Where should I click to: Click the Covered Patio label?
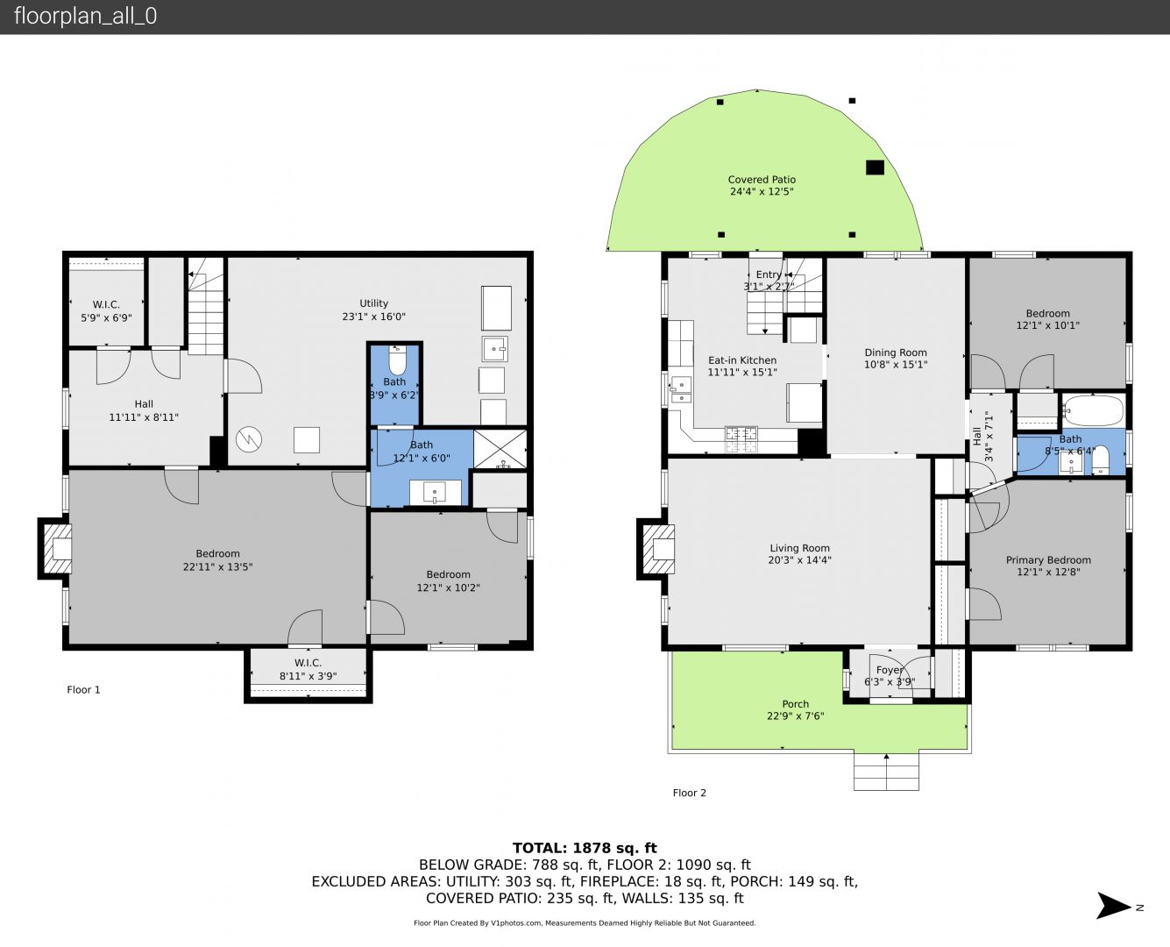tap(762, 180)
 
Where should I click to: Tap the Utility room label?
tap(373, 303)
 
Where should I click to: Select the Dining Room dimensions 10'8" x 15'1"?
tap(896, 365)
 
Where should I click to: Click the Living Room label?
tap(799, 548)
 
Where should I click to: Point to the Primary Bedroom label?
tap(1048, 560)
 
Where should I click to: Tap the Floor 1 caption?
tap(83, 690)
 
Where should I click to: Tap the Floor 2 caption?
tap(690, 793)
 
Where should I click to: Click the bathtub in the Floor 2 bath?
tap(1093, 410)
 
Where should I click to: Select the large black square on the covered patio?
tap(875, 167)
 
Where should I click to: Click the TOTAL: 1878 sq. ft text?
tap(585, 848)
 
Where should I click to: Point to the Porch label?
tap(796, 704)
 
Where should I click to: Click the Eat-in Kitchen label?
tap(742, 360)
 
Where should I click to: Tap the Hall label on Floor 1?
tap(144, 404)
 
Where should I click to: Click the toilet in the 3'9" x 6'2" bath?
tap(397, 360)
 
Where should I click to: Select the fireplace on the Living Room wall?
tap(656, 549)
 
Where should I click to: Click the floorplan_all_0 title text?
tap(86, 16)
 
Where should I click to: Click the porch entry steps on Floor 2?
tap(886, 771)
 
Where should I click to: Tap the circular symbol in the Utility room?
tap(249, 439)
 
